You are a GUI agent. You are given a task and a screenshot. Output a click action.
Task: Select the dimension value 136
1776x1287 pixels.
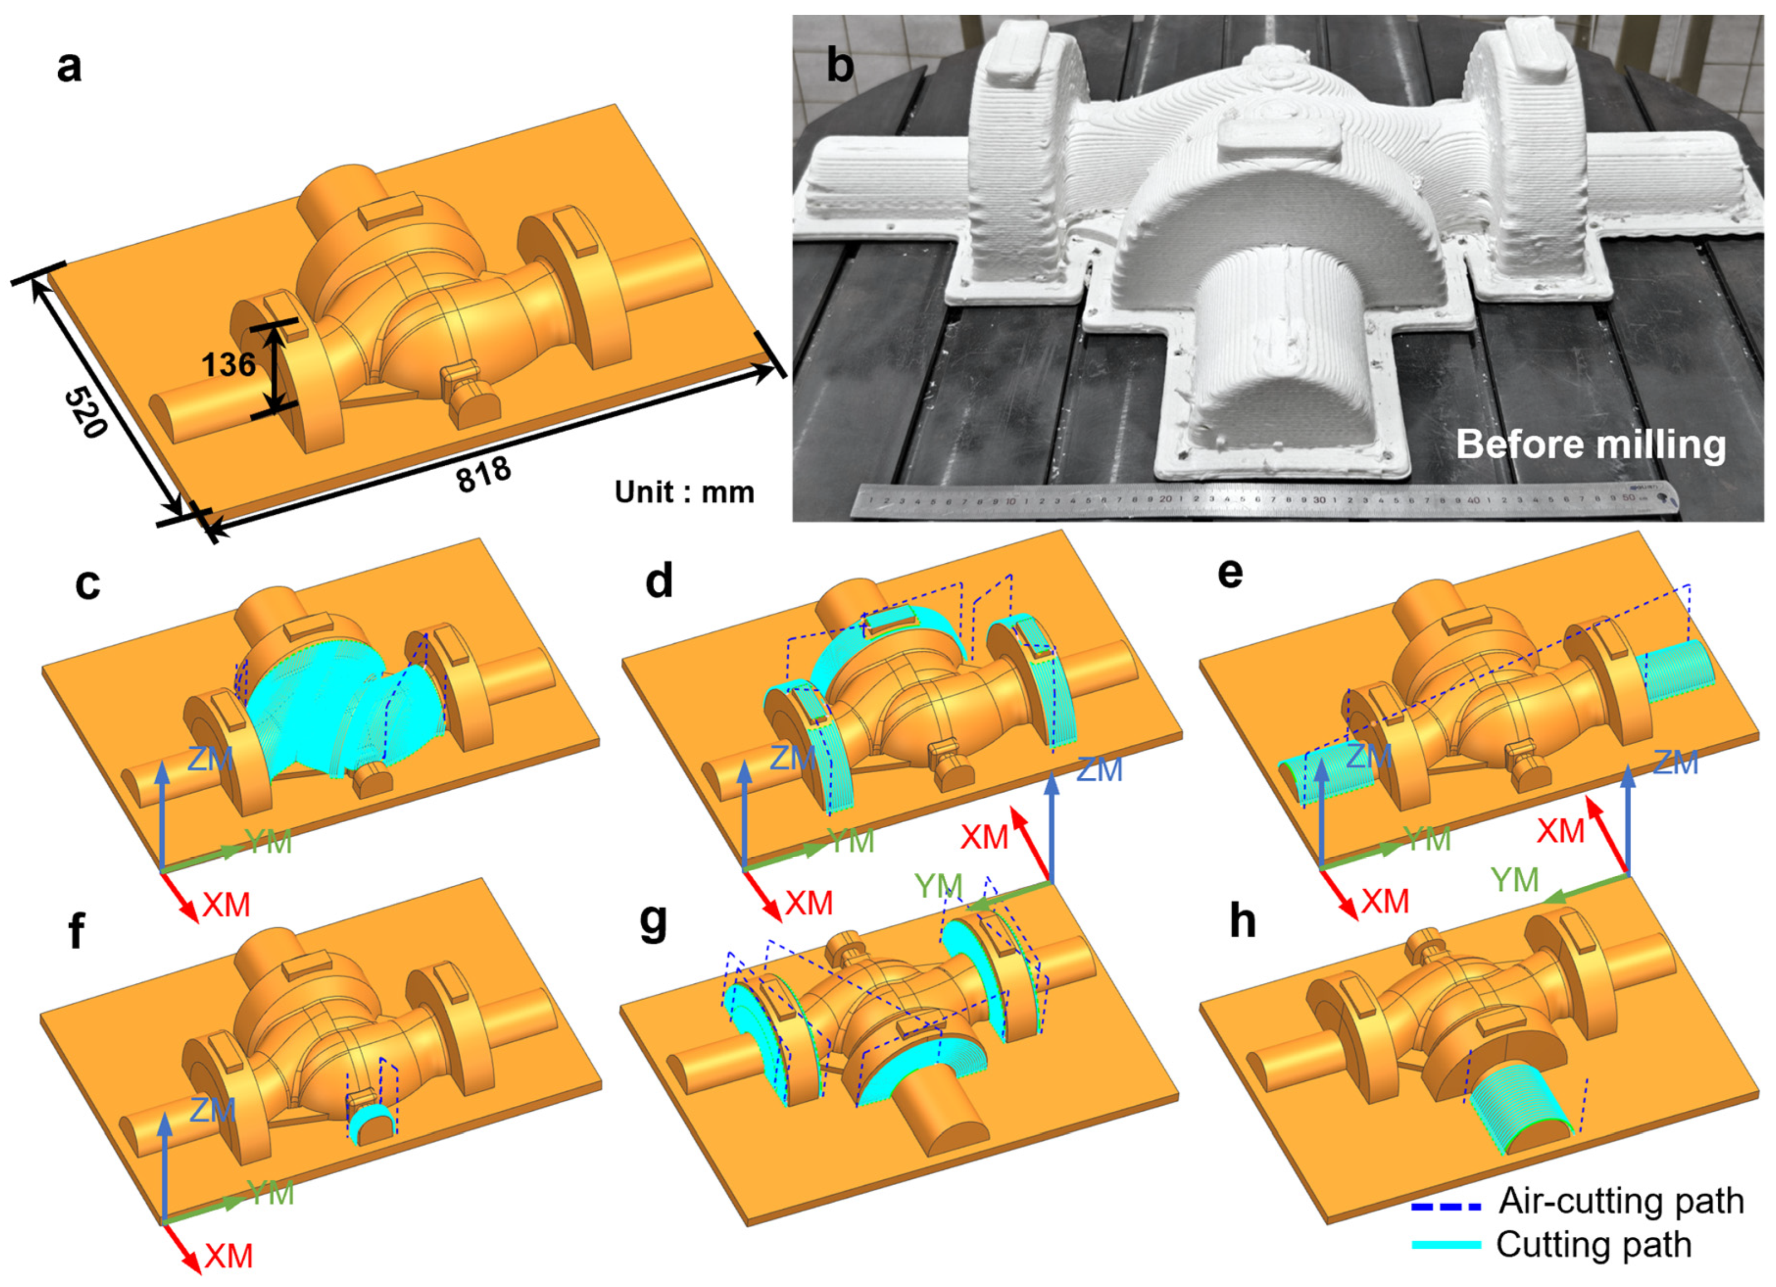pos(229,364)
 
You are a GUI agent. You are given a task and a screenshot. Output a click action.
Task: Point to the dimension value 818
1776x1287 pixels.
pos(484,475)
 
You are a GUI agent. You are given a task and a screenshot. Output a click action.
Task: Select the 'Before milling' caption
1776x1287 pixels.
pos(1590,445)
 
